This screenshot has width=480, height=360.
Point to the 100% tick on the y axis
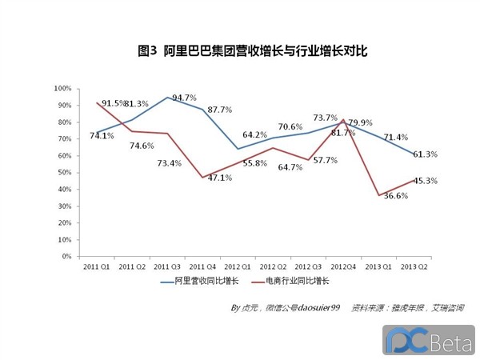point(63,88)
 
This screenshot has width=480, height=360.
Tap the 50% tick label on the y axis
point(65,173)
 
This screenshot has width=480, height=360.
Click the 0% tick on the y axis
point(66,257)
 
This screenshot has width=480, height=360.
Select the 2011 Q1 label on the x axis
point(97,266)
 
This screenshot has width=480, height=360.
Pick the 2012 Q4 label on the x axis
point(343,266)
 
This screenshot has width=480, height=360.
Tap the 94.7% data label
point(185,98)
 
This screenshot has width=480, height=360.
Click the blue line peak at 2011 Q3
point(167,97)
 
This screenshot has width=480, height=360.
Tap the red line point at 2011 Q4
point(202,177)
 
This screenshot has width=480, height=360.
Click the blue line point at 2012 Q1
point(238,148)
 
